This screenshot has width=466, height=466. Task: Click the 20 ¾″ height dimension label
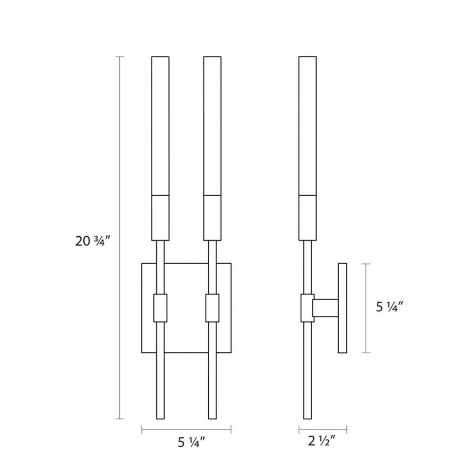[93, 241]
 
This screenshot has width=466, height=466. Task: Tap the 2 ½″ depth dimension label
[322, 441]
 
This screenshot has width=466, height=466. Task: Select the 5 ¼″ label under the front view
[192, 442]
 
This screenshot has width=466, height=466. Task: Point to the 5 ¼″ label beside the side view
[389, 307]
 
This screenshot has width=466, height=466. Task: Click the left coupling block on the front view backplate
[160, 308]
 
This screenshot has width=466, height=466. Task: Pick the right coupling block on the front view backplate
[212, 308]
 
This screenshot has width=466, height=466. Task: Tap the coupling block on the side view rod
[307, 308]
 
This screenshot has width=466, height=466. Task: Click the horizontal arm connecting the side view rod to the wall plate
[325, 308]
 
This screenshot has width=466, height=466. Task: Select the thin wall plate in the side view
[343, 308]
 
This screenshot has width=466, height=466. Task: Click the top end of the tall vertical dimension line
[120, 56]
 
